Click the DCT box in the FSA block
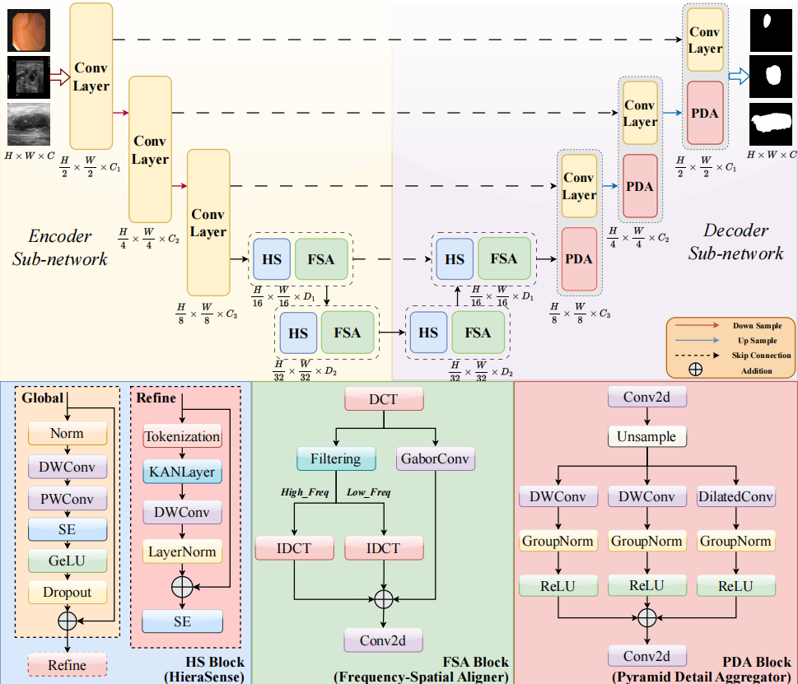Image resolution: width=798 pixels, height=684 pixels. coord(384,400)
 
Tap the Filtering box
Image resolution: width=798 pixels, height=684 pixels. coord(335,458)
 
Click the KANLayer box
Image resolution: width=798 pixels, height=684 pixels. coord(182,473)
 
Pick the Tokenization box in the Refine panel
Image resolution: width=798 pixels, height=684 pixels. coord(182,436)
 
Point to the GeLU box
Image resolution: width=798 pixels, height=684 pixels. coord(67,561)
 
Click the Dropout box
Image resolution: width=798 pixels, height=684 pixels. coord(67,592)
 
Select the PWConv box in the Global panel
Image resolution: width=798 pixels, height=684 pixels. coord(67,498)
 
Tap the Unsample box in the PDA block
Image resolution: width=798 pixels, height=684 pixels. coord(647,437)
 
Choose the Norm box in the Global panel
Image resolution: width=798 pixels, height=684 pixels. coord(67,433)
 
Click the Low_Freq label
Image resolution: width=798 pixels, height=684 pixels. coord(368,492)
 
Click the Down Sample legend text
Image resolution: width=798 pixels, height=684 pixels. coord(757,326)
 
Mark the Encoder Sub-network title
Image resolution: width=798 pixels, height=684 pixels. coord(60,247)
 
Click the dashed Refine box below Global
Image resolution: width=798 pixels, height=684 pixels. coord(67,665)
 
